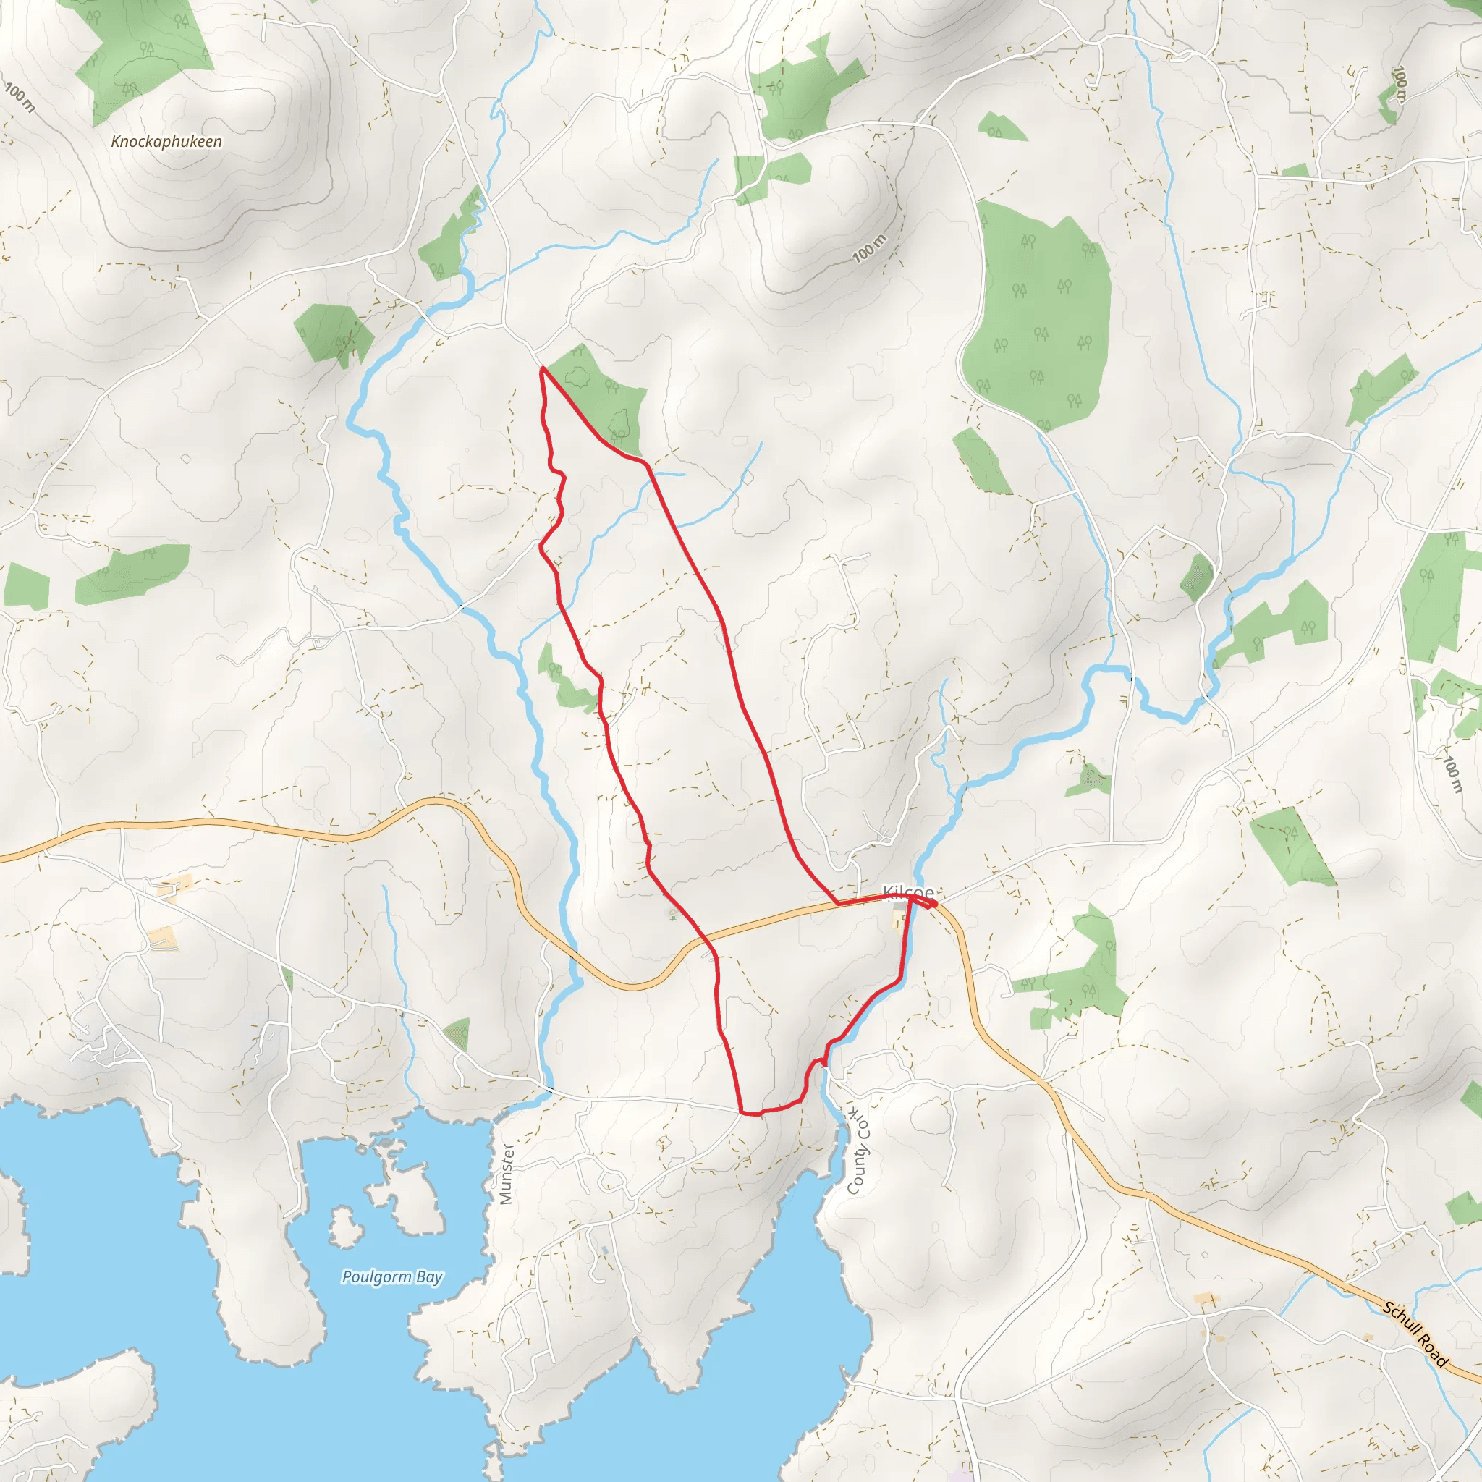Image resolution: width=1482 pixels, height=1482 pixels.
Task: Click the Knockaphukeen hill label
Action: [x=166, y=142]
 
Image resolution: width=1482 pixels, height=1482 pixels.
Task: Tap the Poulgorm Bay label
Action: [x=392, y=1276]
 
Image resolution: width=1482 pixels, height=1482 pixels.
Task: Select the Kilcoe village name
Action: [x=908, y=892]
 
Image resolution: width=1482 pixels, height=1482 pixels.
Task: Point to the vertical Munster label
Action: [x=507, y=1174]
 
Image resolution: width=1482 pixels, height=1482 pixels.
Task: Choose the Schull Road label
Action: [x=1415, y=1334]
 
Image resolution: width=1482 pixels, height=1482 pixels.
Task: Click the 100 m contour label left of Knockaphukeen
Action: [x=20, y=98]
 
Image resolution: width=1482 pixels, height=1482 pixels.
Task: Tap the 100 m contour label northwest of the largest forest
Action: [x=869, y=248]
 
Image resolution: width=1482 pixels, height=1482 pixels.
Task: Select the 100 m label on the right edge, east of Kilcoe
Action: [x=1453, y=774]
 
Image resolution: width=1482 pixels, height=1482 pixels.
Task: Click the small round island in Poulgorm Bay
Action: [x=345, y=1227]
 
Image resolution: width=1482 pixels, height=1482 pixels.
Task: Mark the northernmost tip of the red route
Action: [x=542, y=369]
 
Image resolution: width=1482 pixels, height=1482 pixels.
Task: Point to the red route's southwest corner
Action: [x=742, y=1111]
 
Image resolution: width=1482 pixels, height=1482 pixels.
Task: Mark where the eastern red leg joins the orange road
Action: [x=837, y=905]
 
